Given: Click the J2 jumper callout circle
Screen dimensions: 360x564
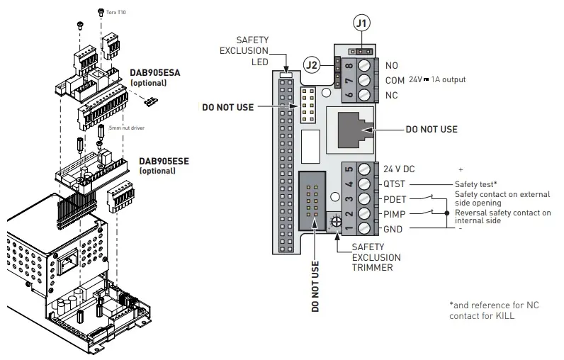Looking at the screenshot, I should [312, 65].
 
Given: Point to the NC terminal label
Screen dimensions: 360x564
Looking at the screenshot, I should [390, 95].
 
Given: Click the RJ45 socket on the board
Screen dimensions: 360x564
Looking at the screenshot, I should [351, 130].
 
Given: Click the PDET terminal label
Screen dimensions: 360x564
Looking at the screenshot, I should [395, 199].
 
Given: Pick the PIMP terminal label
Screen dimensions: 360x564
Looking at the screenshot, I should [395, 213].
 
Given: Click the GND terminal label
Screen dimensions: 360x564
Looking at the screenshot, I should [393, 228].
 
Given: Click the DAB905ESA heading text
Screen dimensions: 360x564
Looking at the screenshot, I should [155, 73].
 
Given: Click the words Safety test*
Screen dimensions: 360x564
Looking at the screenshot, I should [475, 184].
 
